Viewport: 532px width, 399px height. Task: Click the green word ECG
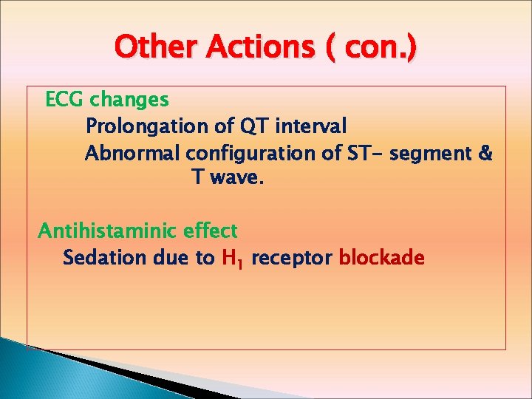[64, 99]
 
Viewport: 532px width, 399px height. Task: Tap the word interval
[310, 126]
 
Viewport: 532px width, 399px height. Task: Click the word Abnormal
[132, 154]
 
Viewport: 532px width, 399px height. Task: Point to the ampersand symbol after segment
[485, 154]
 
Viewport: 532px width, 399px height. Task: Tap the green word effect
[211, 231]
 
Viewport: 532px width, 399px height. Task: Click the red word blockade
[381, 258]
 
